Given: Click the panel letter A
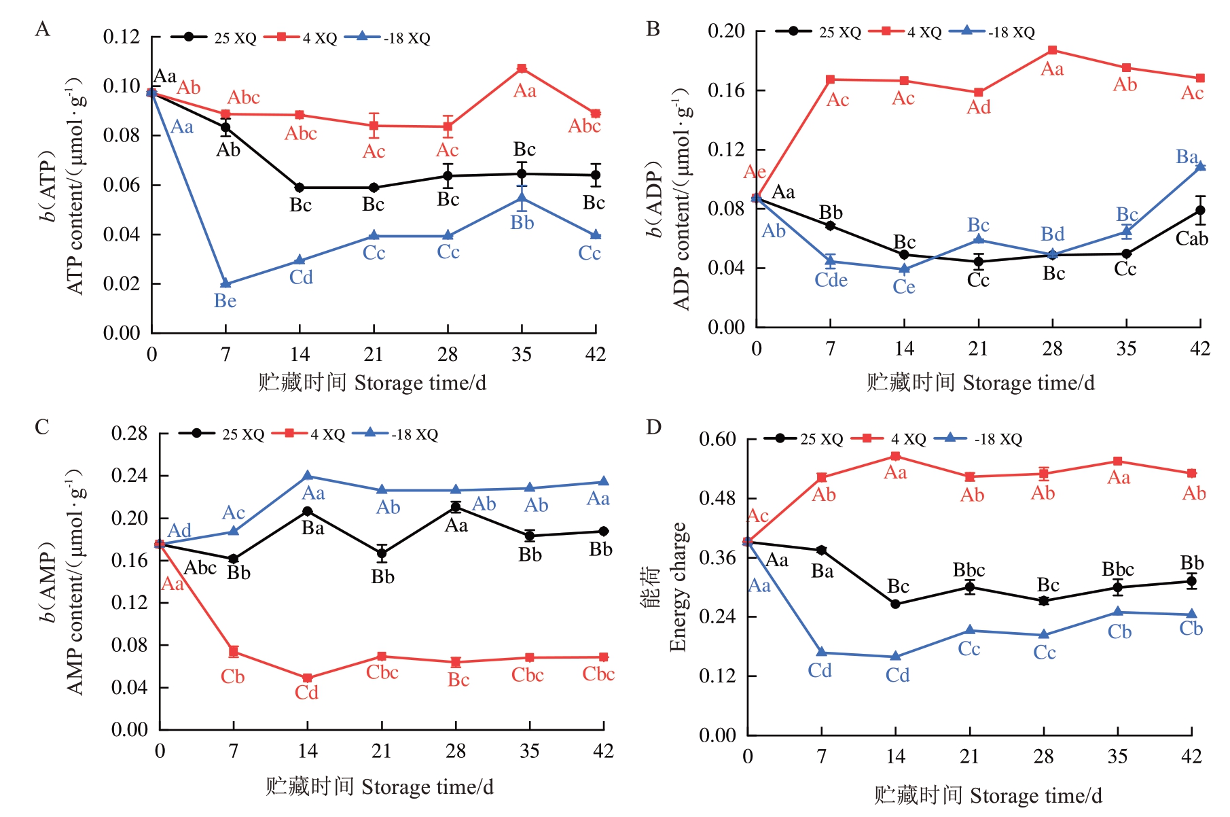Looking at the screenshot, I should tap(42, 29).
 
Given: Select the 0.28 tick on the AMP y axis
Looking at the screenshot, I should tap(129, 434).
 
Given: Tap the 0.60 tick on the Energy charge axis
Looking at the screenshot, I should tap(717, 439).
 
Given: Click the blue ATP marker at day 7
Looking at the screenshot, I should tap(225, 283).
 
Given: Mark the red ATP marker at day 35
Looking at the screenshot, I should tap(522, 69).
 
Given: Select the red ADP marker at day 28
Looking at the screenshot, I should tap(1052, 50).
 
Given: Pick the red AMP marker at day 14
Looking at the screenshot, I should tap(307, 678).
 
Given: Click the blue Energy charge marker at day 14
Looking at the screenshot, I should tap(895, 656).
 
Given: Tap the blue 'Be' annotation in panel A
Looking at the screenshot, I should tap(225, 301).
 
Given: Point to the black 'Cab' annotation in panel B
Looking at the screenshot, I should tap(1191, 239).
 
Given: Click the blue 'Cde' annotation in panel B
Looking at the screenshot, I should tap(831, 280).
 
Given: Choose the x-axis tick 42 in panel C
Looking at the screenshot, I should tap(603, 751).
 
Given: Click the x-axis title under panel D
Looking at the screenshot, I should tap(988, 795).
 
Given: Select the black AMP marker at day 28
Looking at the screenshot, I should tap(456, 507).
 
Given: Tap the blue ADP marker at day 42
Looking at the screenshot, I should tap(1200, 166).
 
